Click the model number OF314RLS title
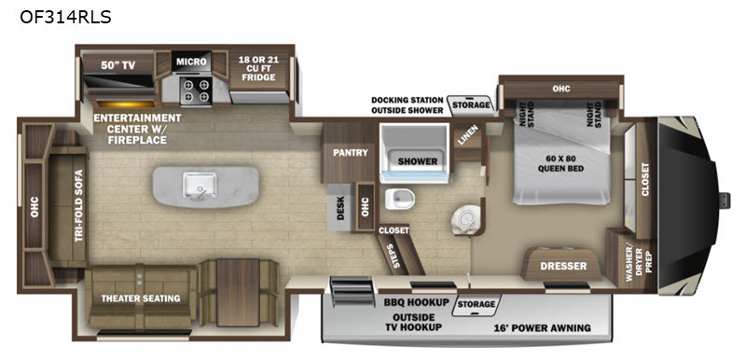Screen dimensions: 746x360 [65, 17]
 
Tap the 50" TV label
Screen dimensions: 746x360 [117, 65]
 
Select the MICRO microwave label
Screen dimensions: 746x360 [191, 62]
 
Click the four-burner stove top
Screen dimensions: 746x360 [195, 90]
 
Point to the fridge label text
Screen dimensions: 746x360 [259, 68]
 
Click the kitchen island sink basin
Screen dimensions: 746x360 [200, 186]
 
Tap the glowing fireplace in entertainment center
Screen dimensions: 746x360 [126, 104]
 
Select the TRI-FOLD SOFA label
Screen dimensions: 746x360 [79, 205]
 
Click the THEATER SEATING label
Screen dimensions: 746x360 [141, 298]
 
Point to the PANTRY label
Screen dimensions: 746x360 [351, 153]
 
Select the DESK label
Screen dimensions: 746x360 [340, 209]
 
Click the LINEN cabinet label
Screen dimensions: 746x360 [465, 134]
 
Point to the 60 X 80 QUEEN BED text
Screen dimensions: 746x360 [560, 163]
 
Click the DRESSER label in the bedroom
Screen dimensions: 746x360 [563, 266]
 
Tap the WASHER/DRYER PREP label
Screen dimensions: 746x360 [638, 257]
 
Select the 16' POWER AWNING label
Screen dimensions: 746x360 [543, 327]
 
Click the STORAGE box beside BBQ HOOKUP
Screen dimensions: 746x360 [477, 305]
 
